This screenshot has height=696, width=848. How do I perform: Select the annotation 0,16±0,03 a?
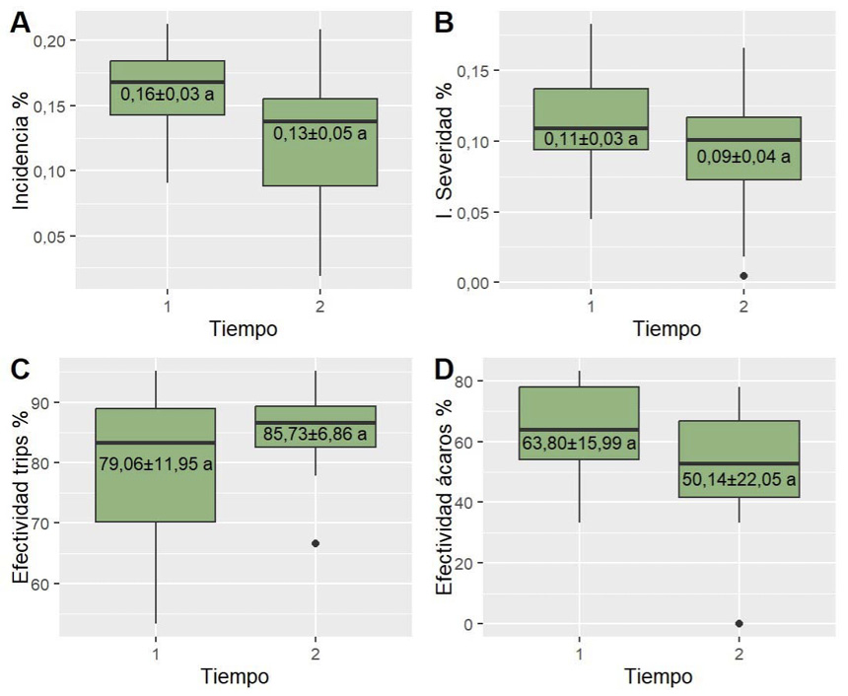[167, 95]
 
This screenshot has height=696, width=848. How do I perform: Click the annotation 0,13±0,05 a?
[319, 133]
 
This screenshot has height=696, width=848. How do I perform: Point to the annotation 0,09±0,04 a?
[743, 156]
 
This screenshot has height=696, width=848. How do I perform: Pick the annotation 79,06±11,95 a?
[156, 463]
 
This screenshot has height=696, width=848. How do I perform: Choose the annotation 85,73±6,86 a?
[316, 434]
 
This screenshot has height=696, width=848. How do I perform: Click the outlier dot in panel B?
[743, 276]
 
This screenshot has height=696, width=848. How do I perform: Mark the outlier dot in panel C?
[316, 543]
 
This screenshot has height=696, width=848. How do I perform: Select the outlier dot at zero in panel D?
[740, 623]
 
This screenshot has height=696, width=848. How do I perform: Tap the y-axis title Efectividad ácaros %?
[446, 503]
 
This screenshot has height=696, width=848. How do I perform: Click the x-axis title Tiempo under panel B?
[667, 329]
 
